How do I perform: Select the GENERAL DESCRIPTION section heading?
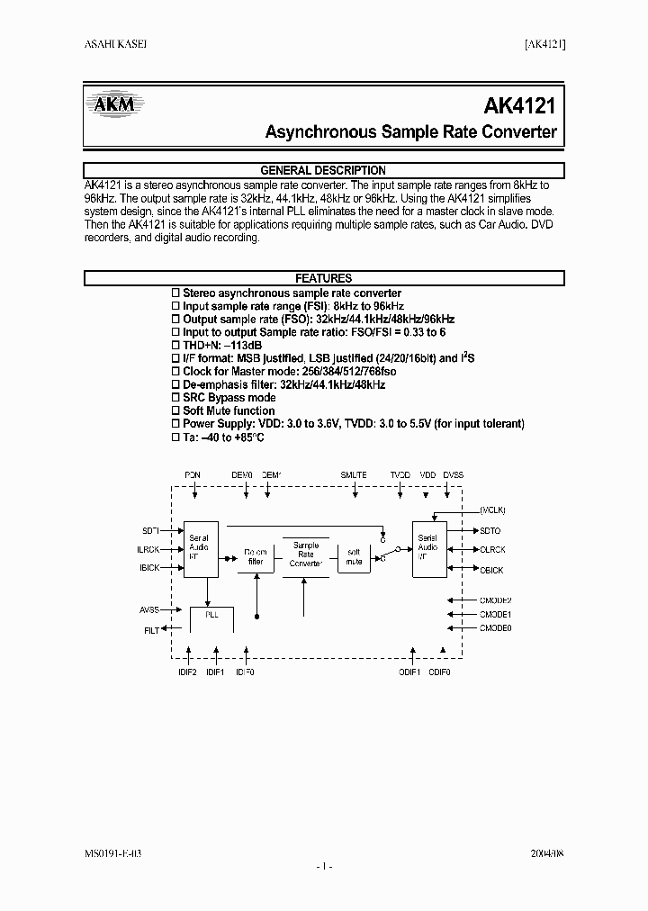(x=323, y=170)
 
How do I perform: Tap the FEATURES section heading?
(x=323, y=278)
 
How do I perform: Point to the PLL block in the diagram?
(x=211, y=614)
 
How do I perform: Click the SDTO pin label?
(x=490, y=531)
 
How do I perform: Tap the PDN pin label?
(x=193, y=474)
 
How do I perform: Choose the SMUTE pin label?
(x=354, y=474)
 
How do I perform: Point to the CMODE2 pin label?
(x=495, y=600)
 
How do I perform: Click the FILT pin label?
(x=151, y=631)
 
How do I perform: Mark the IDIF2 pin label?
(x=188, y=671)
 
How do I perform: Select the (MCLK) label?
(x=493, y=510)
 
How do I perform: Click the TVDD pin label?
(x=400, y=474)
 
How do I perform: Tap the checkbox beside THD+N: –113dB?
(x=176, y=345)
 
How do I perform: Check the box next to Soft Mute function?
(x=176, y=410)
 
